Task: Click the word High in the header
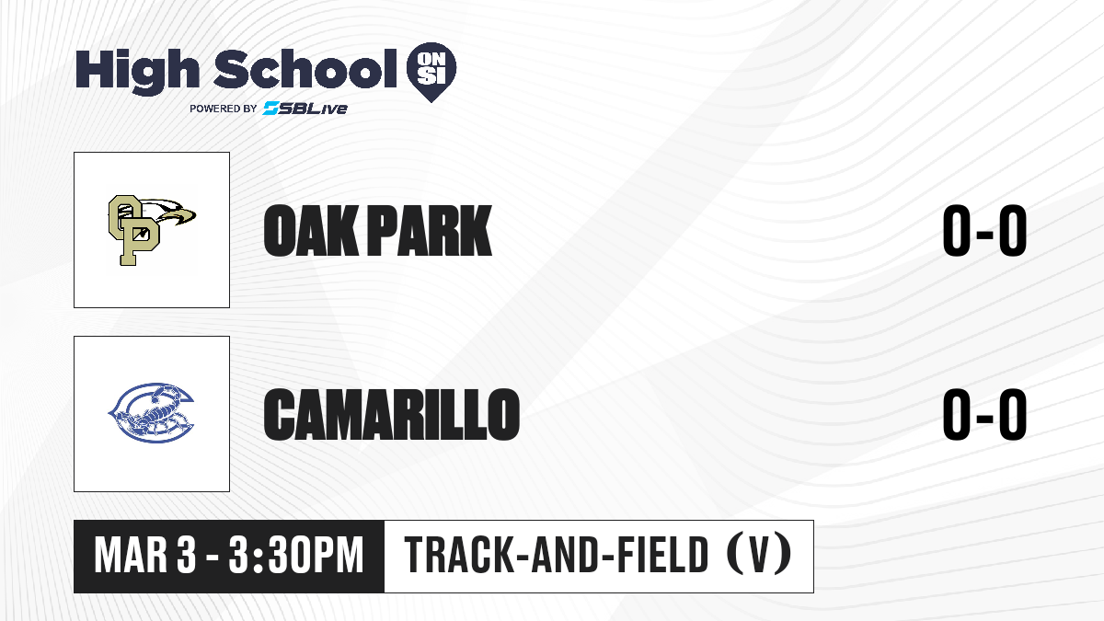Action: (138, 72)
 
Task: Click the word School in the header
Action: (305, 69)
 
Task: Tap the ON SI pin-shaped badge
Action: (431, 72)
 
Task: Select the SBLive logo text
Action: (305, 108)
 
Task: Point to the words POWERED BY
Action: (224, 109)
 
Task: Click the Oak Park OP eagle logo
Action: (152, 230)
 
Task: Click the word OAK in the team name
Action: (311, 230)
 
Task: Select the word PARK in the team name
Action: (430, 230)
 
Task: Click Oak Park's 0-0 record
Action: (984, 230)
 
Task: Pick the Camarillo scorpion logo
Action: (151, 413)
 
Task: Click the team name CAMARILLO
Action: (392, 414)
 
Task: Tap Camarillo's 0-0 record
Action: (984, 414)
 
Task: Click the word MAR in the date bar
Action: (131, 556)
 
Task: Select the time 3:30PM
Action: (295, 556)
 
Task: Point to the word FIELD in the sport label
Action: (663, 555)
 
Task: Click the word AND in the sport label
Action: (564, 555)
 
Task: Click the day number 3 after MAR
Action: (186, 556)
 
